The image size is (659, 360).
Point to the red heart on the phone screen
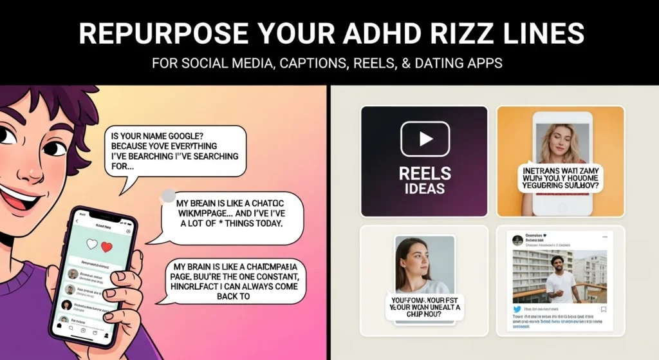(x=107, y=247)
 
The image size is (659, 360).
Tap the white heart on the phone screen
(x=91, y=244)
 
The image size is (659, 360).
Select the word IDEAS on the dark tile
(x=425, y=188)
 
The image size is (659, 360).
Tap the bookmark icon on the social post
(x=604, y=309)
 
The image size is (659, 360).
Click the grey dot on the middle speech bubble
(x=168, y=194)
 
